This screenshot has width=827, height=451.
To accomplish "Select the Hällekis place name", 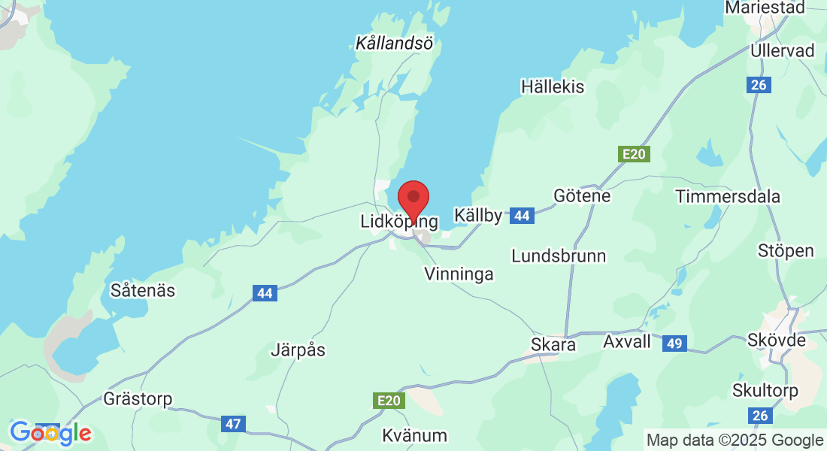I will (553, 87).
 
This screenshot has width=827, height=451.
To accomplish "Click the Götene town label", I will (582, 196).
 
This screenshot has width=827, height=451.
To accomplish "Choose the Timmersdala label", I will (728, 197).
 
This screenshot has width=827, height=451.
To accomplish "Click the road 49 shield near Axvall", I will (674, 344).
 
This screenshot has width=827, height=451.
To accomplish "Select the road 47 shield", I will (234, 424).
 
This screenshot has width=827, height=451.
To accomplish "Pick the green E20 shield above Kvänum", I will (389, 401).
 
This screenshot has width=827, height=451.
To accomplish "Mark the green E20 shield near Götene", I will (634, 154).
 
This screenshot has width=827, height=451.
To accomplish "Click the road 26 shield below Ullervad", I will (759, 85).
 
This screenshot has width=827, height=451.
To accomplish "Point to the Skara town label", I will (553, 345).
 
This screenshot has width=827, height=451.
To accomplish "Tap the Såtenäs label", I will (143, 289).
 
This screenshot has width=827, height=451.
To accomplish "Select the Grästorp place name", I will (138, 398).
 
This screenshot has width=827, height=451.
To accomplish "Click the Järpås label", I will (298, 350).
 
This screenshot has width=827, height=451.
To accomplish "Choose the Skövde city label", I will (777, 341).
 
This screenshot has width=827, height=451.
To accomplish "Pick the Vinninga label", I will (459, 274).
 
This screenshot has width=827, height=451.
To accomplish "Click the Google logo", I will (50, 433).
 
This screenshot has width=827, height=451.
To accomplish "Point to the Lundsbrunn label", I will (559, 256).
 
